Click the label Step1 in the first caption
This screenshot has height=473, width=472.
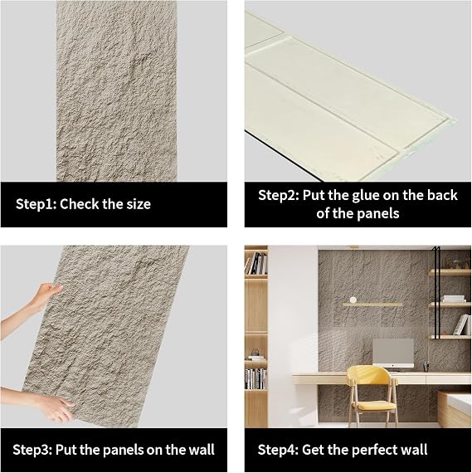[x=36, y=204]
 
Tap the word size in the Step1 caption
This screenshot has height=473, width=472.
[x=139, y=204]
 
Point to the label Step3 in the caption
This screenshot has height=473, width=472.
[x=33, y=450]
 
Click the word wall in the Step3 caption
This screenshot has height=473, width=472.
[x=202, y=450]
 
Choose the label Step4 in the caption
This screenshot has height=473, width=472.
[x=278, y=450]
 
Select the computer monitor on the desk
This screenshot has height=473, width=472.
[x=393, y=353]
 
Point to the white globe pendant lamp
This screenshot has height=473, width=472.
[x=353, y=300]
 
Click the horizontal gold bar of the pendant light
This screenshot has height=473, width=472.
[x=372, y=305]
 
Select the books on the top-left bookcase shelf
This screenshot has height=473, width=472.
[x=255, y=263]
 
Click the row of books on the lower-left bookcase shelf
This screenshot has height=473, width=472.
[x=255, y=378]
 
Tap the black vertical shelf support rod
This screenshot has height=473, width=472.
[x=436, y=293]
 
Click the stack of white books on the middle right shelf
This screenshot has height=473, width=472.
[x=453, y=299]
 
